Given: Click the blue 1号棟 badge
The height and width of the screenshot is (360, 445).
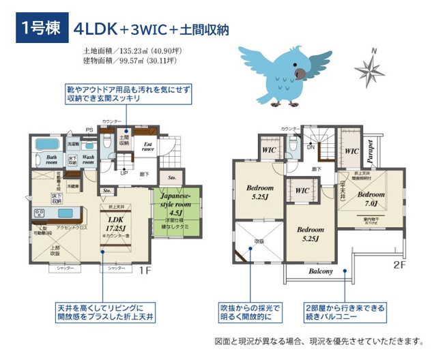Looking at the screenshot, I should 38,29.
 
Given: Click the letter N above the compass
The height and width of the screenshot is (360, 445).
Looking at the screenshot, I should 373,51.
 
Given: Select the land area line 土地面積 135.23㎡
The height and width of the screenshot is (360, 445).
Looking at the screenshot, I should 130,50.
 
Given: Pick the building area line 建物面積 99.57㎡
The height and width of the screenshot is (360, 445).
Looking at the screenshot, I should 130,61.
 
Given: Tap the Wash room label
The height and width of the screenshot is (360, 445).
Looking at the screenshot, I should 88,160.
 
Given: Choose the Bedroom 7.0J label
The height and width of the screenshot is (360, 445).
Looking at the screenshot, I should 371,199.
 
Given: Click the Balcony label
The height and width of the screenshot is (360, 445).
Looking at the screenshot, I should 321,271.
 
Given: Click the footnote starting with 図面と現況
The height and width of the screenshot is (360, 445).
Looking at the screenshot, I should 319,340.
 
